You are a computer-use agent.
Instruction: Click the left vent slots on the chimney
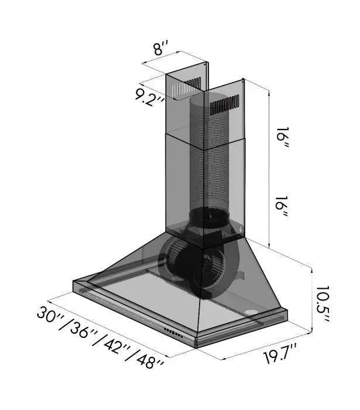pyautogui.click(x=186, y=88)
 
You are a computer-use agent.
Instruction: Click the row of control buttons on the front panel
pyautogui.click(x=174, y=333)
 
